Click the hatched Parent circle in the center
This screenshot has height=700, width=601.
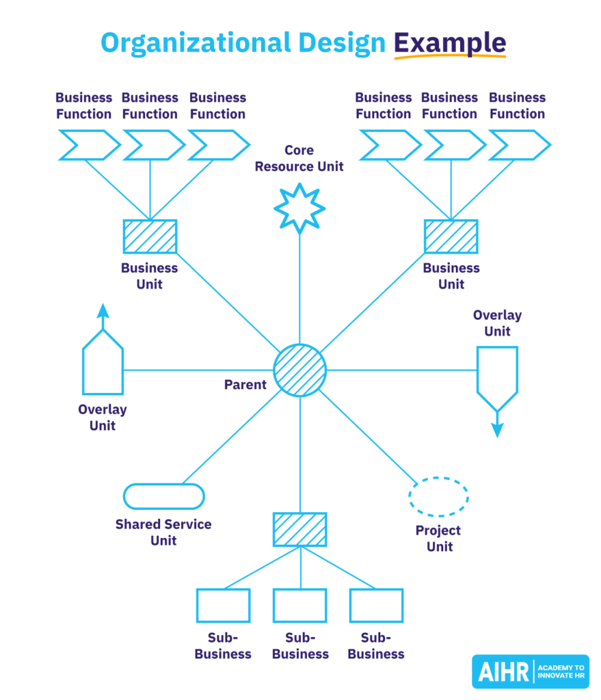299,370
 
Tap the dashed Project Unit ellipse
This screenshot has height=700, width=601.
438,496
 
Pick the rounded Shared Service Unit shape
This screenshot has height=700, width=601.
163,496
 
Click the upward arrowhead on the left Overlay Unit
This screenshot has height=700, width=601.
103,312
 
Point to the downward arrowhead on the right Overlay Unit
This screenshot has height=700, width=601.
497,429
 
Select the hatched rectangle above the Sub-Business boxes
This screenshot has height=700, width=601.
299,529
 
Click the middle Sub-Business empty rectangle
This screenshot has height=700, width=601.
299,605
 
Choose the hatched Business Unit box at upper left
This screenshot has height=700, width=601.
150,236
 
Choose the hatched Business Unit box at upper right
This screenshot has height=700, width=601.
451,236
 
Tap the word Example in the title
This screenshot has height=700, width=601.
450,43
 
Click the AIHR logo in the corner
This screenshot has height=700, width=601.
530,671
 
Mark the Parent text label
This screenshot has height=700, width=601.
245,385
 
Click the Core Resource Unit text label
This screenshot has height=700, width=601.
299,158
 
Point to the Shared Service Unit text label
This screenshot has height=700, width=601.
163,533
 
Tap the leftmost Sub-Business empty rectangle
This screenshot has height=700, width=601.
223,605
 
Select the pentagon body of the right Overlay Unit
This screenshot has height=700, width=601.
497,373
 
